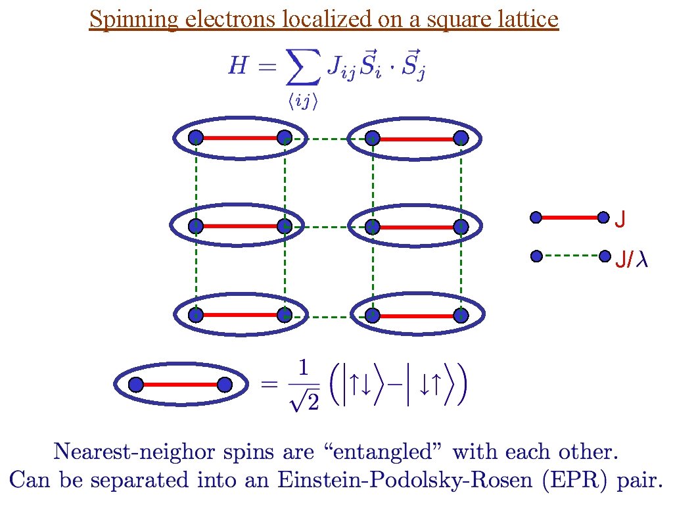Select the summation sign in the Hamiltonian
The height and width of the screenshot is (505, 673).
tap(303, 68)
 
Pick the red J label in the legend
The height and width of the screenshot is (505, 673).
tap(620, 218)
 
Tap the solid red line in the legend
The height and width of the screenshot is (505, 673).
tap(570, 217)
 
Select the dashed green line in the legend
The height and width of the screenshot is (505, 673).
tap(570, 256)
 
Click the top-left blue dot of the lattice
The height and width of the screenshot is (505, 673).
tap(195, 137)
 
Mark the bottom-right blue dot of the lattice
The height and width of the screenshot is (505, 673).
tap(461, 315)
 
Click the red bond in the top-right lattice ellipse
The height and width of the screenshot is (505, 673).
tap(417, 138)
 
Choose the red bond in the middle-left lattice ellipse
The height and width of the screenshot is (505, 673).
tap(240, 226)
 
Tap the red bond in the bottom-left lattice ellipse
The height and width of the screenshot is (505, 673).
tap(240, 315)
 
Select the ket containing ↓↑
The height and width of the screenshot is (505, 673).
tap(432, 385)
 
